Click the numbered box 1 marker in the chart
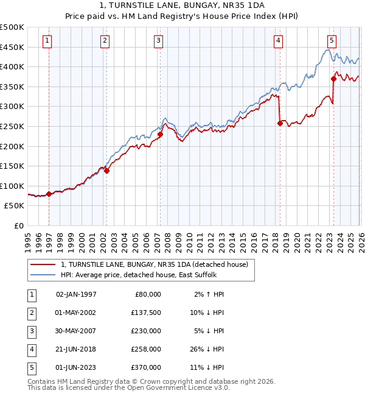pyautogui.click(x=47, y=41)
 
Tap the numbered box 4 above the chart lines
pyautogui.click(x=278, y=41)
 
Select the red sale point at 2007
pyautogui.click(x=160, y=135)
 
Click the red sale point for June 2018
pyautogui.click(x=280, y=123)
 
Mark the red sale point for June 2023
pyautogui.click(x=333, y=79)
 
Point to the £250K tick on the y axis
pyautogui.click(x=12, y=126)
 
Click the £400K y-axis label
pyautogui.click(x=12, y=66)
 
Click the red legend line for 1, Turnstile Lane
pyautogui.click(x=43, y=265)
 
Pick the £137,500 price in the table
pyautogui.click(x=146, y=313)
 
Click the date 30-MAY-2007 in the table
pyautogui.click(x=76, y=331)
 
